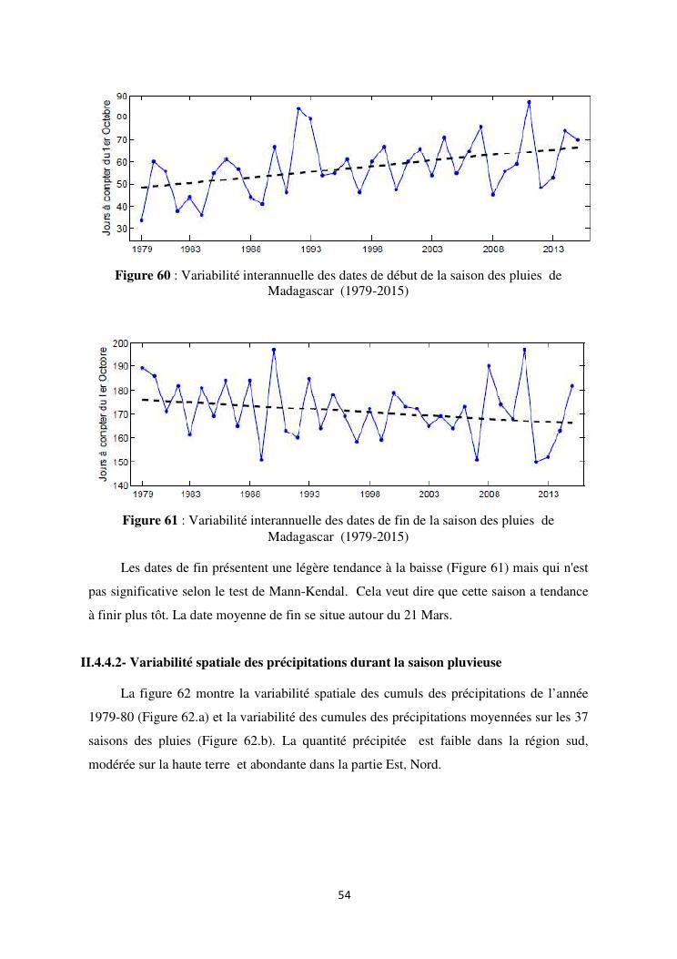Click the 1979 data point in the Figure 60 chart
coord(141,220)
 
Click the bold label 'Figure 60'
coord(144,276)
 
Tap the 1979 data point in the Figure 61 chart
coord(142,368)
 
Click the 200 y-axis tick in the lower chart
coord(120,343)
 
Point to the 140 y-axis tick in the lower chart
coord(120,485)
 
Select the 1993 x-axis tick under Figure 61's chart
coord(309,495)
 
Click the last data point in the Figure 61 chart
coord(572,386)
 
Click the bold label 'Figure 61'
coord(150,520)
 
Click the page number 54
coord(344,895)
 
